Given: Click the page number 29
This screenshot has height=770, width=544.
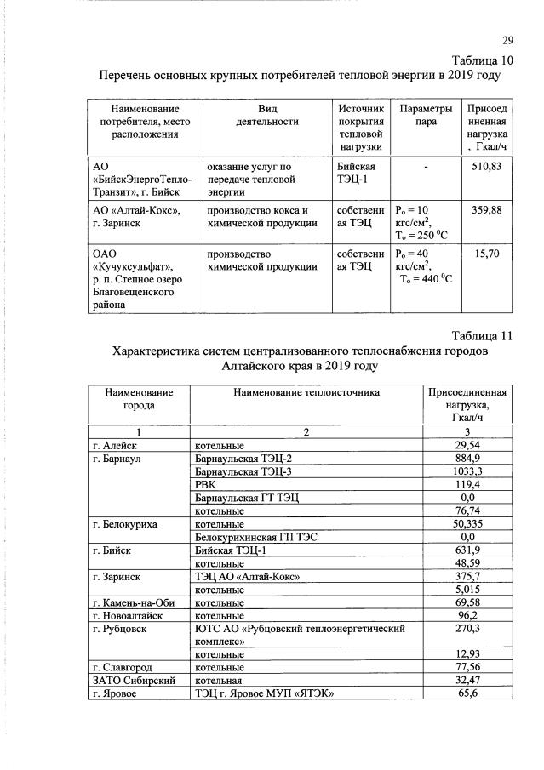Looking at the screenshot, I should (508, 40).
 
